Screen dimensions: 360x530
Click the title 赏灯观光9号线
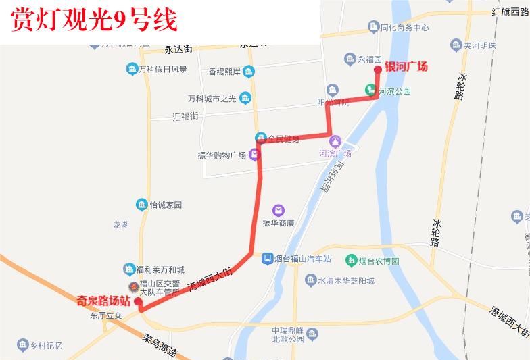(95, 21)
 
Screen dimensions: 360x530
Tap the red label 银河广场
(406, 66)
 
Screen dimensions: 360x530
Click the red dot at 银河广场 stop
(378, 69)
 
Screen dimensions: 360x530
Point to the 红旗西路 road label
(510, 12)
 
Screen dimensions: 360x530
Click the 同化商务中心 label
(405, 28)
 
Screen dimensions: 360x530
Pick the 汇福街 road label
(185, 116)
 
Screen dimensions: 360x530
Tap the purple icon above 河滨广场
(335, 141)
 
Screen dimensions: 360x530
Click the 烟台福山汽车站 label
(303, 259)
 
